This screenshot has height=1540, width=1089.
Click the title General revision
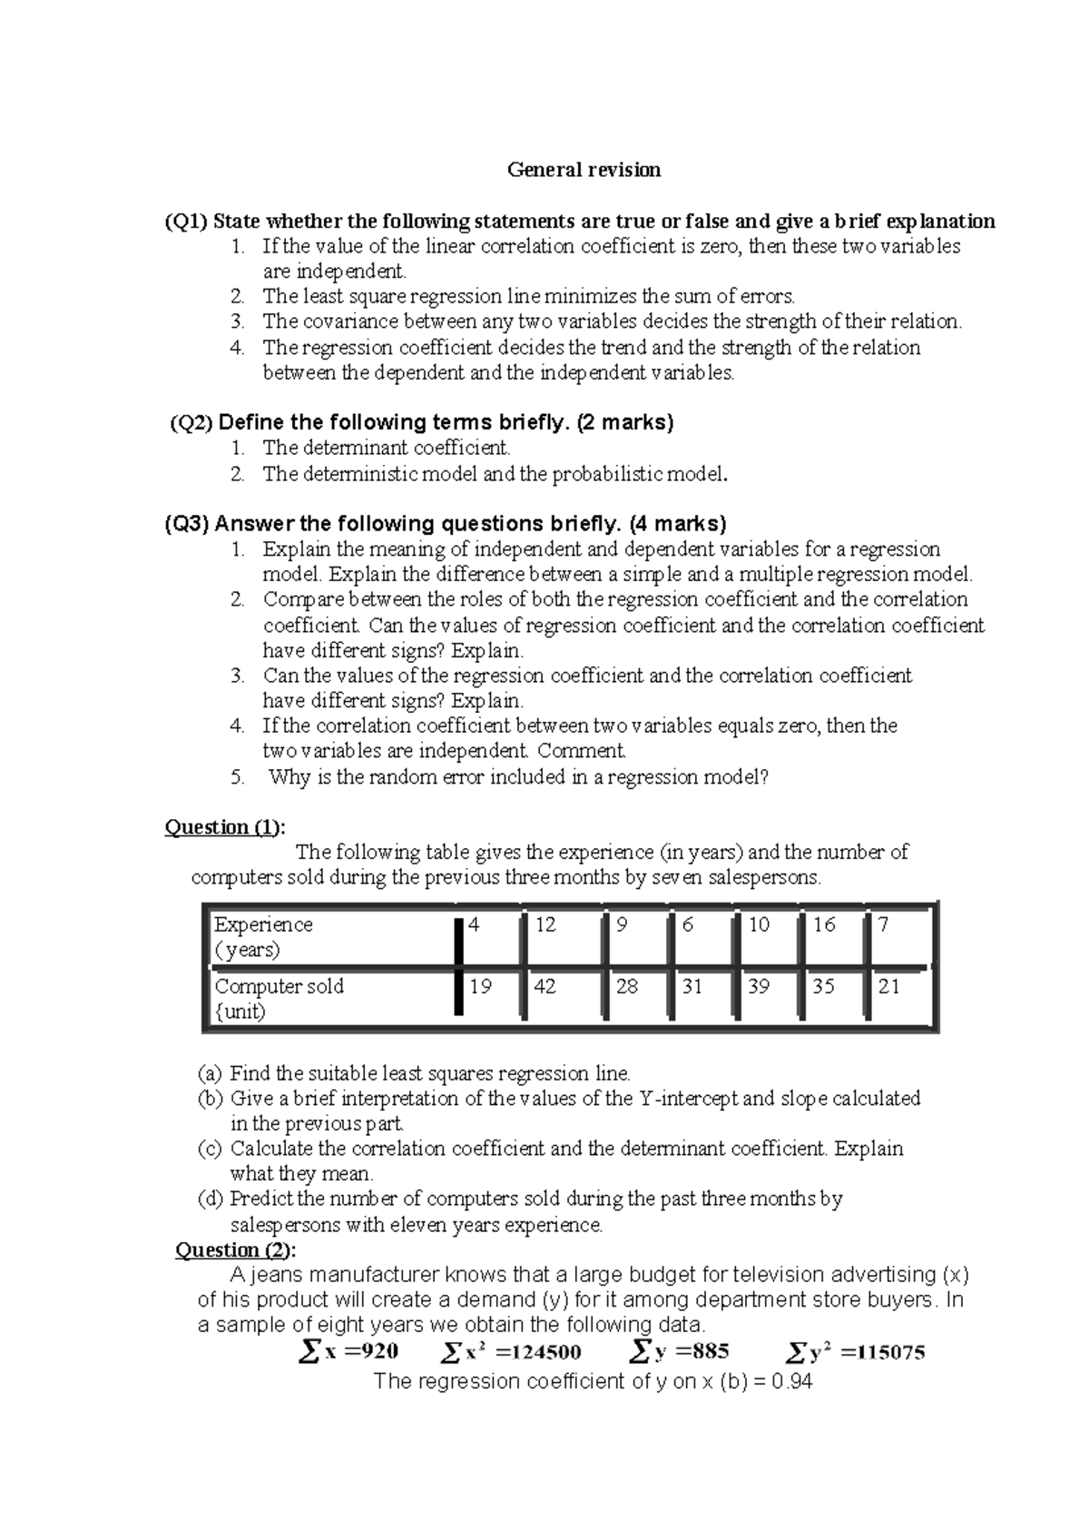584,170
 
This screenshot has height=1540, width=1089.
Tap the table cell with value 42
544,986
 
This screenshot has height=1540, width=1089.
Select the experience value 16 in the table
824,924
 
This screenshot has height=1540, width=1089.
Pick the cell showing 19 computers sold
480,986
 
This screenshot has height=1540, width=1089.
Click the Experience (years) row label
263,936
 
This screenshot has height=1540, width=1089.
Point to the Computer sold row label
279,998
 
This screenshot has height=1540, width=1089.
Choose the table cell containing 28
627,986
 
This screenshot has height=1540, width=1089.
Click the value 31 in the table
692,986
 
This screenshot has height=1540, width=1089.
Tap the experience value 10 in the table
759,924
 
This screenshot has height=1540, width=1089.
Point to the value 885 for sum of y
709,1351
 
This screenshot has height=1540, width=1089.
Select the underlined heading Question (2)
234,1250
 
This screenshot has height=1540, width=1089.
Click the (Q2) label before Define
191,423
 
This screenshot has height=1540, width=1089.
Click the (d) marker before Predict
210,1199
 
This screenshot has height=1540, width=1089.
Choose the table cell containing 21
889,986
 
